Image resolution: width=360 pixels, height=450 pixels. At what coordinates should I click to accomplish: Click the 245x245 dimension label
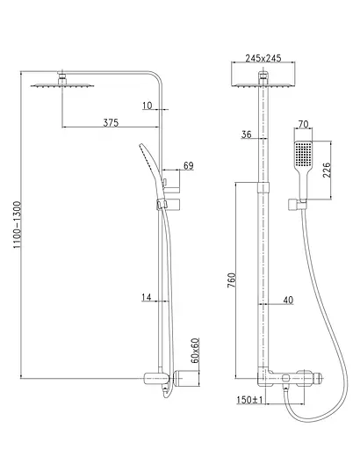(263, 58)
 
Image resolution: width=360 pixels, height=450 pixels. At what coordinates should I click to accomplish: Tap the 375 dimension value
(111, 122)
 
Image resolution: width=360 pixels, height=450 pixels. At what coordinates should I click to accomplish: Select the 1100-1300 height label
(18, 225)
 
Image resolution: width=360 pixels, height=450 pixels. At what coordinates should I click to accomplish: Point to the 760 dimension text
(232, 280)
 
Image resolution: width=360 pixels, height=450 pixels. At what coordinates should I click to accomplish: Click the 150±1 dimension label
(249, 400)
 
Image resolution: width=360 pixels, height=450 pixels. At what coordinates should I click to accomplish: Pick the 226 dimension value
(327, 170)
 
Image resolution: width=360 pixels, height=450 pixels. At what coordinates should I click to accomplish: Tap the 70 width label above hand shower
(303, 124)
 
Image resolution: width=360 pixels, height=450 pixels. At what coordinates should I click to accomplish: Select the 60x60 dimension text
(195, 351)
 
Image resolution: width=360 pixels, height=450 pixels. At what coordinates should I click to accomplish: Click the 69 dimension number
(189, 165)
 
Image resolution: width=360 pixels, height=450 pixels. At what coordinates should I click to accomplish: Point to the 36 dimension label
(247, 134)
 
